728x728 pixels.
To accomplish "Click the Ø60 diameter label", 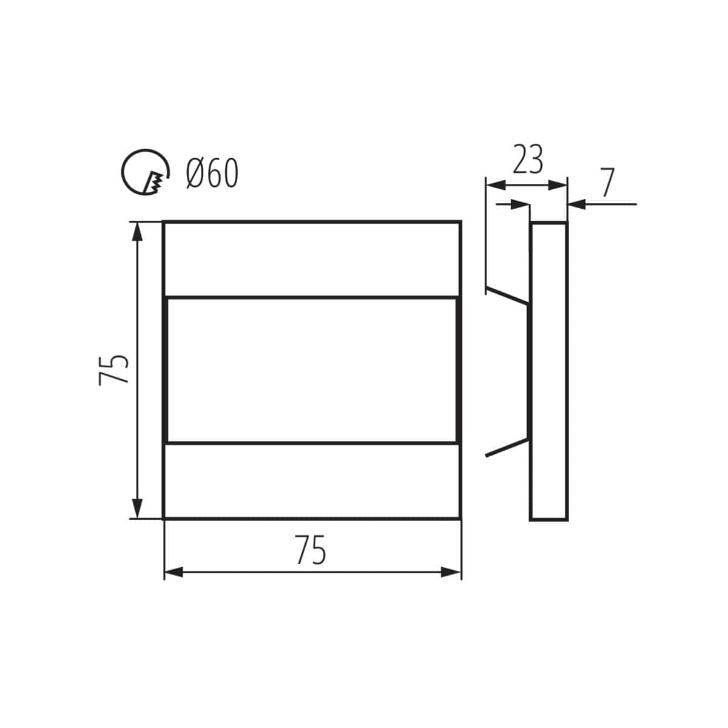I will click(212, 175).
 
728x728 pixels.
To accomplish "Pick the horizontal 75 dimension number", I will click(311, 550).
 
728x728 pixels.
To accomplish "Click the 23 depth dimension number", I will click(527, 160).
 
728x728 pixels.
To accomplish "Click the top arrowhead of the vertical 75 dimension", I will click(138, 231).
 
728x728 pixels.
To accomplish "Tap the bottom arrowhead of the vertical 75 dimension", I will click(138, 509).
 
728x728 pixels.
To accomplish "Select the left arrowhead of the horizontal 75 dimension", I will click(174, 572).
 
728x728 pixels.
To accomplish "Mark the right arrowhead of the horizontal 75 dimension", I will click(451, 572).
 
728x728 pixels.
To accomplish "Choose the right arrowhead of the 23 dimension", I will click(557, 185).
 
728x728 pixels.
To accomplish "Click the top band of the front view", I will click(312, 259).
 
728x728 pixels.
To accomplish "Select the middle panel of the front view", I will click(312, 370).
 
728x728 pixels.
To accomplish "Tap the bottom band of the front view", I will click(312, 481).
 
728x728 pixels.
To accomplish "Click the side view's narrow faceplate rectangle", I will click(549, 371).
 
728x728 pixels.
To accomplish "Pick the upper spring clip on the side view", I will click(507, 295).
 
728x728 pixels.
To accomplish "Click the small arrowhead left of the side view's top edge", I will click(520, 205).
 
